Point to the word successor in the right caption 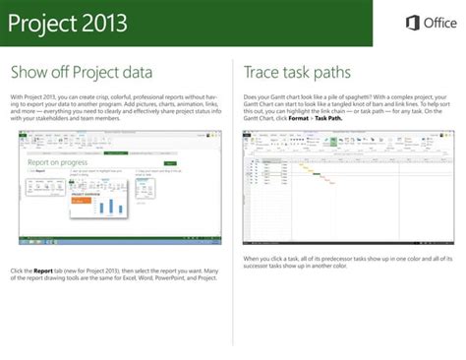click(262, 265)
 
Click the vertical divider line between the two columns click(233, 197)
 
